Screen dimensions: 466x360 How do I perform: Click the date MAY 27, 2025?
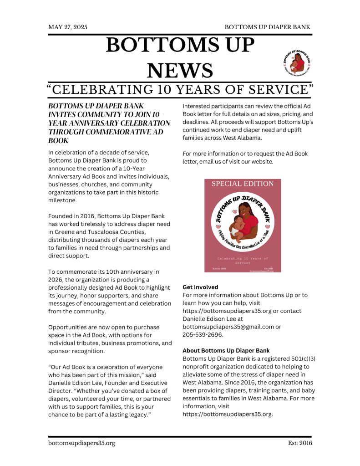pos(68,27)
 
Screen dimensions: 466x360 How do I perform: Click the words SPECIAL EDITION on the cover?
pos(243,184)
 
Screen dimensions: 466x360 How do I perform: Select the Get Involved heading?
pos(200,287)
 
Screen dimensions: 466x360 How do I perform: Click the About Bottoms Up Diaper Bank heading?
pos(226,351)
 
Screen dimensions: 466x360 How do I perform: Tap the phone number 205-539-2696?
pos(203,335)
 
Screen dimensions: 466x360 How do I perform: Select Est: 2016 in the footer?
pos(300,443)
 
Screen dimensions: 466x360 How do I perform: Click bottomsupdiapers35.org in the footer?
pos(81,443)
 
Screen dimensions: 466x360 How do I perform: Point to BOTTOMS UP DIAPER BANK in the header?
pos(268,27)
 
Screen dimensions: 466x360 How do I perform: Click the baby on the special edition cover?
pos(237,226)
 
